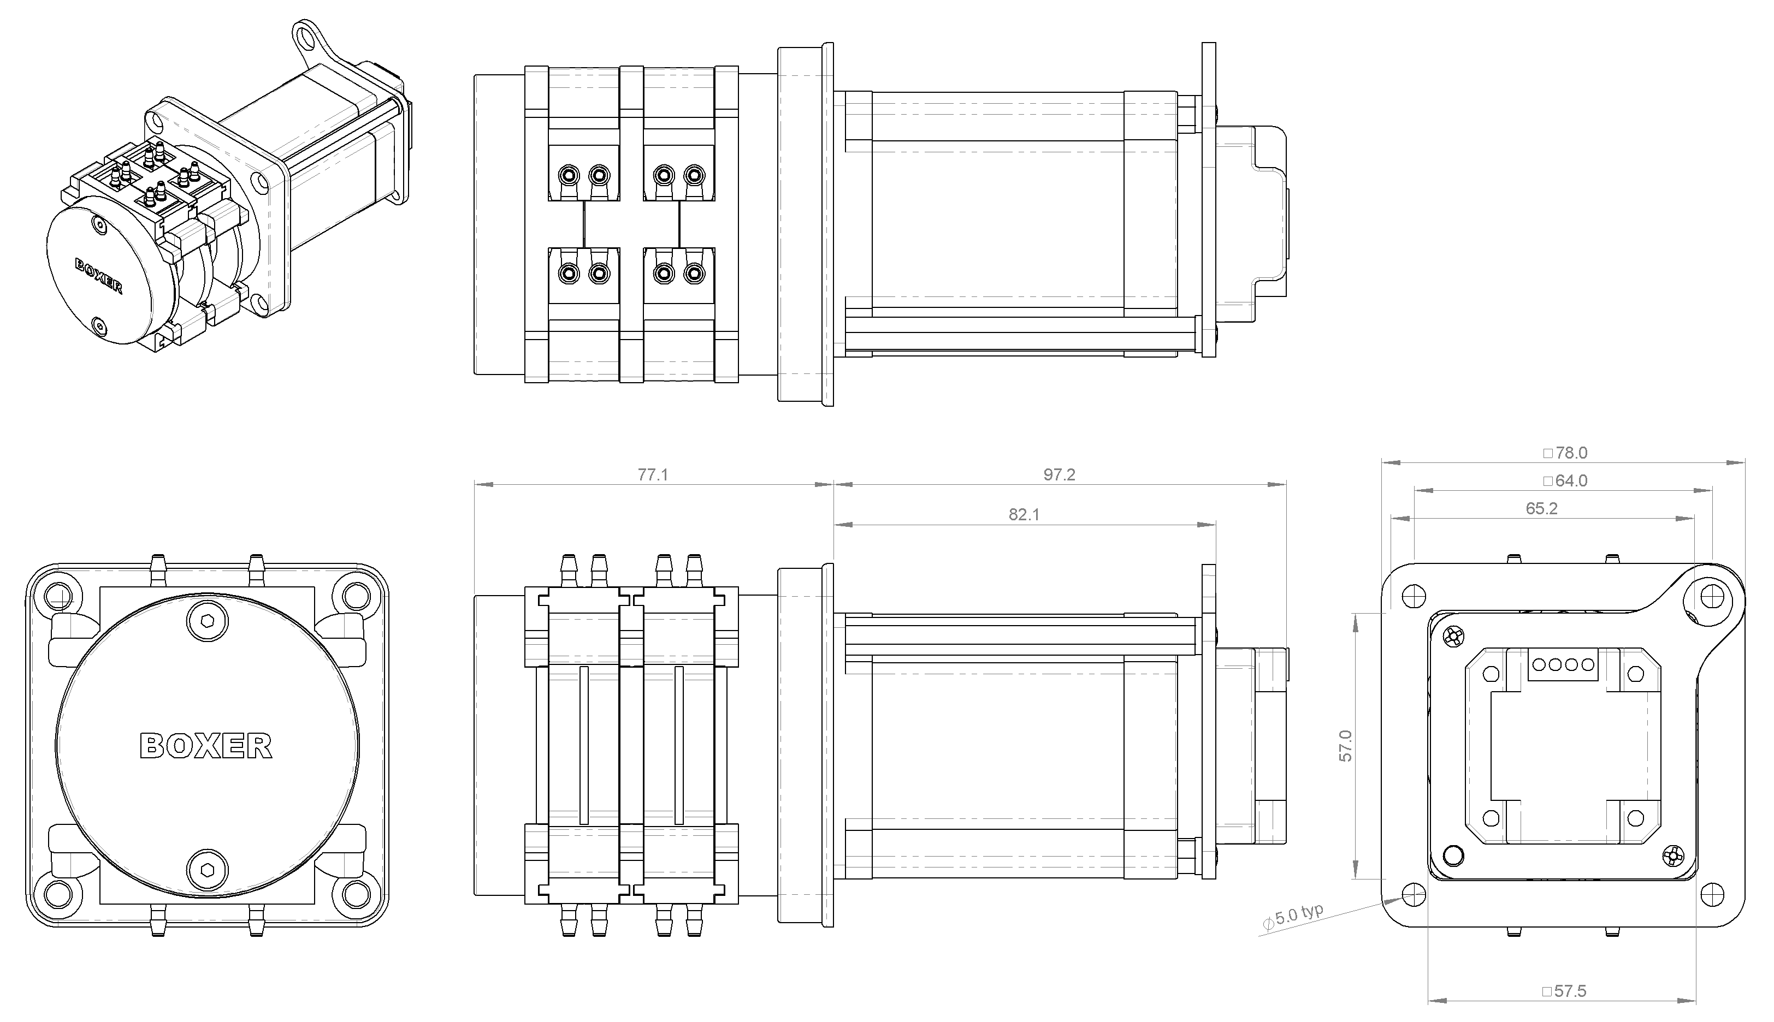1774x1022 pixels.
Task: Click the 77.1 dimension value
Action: [x=652, y=475]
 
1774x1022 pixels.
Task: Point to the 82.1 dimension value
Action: [x=1024, y=514]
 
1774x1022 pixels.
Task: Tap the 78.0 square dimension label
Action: [x=1565, y=453]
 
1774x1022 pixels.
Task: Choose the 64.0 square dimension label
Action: [x=1565, y=481]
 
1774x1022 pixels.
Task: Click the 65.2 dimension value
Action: [x=1542, y=509]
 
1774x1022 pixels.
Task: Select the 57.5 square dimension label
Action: [x=1564, y=991]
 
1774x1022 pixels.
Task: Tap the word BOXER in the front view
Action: [x=206, y=746]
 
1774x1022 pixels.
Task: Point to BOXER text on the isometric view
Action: [x=98, y=276]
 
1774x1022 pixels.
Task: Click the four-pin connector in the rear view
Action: [x=1563, y=664]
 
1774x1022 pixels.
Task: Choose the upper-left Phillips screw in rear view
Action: [x=1454, y=637]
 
